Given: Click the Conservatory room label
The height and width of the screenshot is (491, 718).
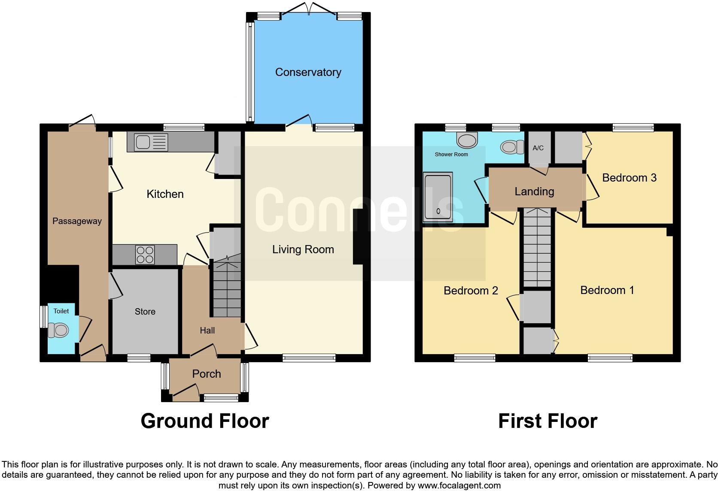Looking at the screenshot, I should pyautogui.click(x=308, y=72).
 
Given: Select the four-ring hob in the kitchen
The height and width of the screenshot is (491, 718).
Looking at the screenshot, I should pyautogui.click(x=145, y=254).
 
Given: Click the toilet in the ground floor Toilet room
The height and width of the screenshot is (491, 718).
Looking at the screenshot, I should pyautogui.click(x=59, y=330).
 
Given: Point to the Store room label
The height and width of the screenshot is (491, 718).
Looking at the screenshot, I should pyautogui.click(x=145, y=312).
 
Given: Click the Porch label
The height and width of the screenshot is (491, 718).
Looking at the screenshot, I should pyautogui.click(x=207, y=374).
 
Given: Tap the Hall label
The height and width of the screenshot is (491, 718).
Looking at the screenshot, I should pyautogui.click(x=207, y=330).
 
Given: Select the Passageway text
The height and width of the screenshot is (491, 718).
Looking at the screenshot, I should pyautogui.click(x=77, y=221).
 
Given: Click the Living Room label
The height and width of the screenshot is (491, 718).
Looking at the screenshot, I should pyautogui.click(x=303, y=249).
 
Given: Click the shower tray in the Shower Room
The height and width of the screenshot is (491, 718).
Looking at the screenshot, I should pyautogui.click(x=438, y=197).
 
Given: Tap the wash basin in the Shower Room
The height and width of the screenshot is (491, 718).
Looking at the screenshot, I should pyautogui.click(x=467, y=139).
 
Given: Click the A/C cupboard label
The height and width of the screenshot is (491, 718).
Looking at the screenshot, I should pyautogui.click(x=538, y=148).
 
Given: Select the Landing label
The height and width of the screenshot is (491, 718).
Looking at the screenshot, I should pyautogui.click(x=534, y=191).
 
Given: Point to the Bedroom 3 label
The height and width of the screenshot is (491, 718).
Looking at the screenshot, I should pyautogui.click(x=629, y=178).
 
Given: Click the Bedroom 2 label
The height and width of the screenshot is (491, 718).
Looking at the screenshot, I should pyautogui.click(x=471, y=291).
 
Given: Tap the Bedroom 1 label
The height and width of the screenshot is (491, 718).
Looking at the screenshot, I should pyautogui.click(x=607, y=290).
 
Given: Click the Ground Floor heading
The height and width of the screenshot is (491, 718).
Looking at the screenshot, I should pyautogui.click(x=205, y=421).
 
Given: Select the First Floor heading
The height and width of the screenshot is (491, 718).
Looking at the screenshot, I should pyautogui.click(x=548, y=421).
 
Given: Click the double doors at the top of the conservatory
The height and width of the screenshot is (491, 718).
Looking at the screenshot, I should pyautogui.click(x=308, y=9).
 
